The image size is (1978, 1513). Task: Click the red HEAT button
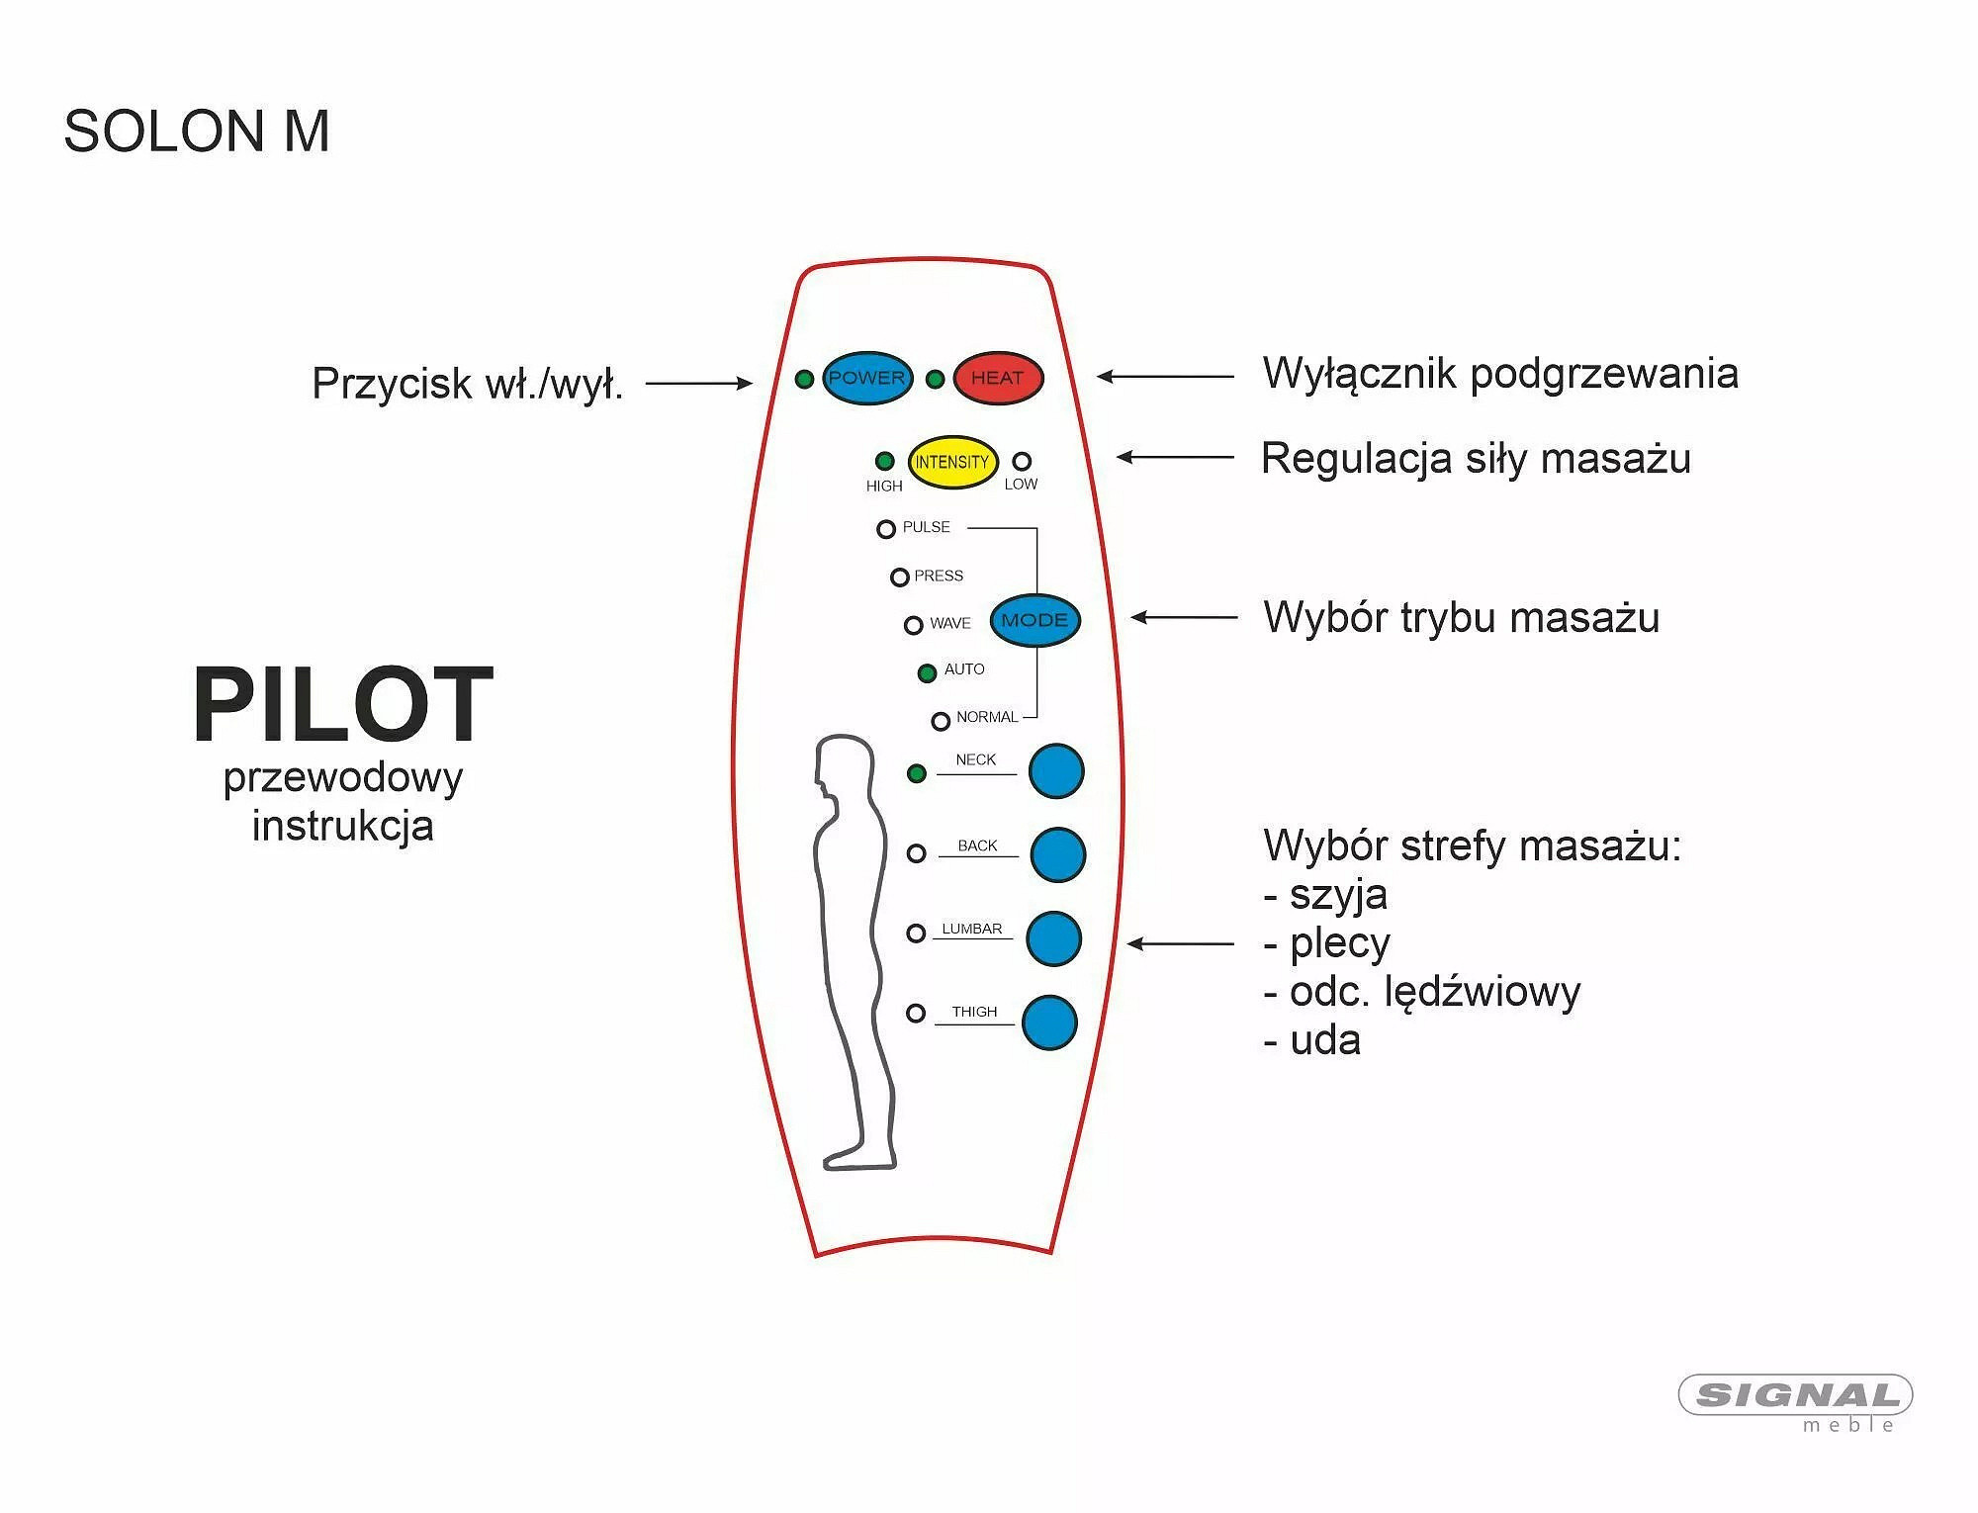[998, 378]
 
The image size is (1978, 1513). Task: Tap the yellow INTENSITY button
[952, 462]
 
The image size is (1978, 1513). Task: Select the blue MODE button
[1034, 620]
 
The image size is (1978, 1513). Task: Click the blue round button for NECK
[1056, 771]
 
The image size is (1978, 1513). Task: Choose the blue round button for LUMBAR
[1054, 938]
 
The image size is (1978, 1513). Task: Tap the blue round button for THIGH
[1049, 1023]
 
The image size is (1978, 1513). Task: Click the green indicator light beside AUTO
[927, 673]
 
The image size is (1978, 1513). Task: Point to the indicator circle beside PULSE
[885, 529]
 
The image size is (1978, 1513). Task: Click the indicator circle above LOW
[1022, 461]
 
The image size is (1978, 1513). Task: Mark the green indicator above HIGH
[884, 461]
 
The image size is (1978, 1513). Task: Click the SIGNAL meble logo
[1796, 1399]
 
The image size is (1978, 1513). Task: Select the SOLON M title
[196, 132]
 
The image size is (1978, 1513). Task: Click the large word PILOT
[342, 704]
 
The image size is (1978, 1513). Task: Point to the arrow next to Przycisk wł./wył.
[698, 384]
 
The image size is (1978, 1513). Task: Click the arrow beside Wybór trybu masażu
[1184, 617]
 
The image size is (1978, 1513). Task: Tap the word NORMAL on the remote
[986, 717]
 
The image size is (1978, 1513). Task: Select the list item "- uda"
[1312, 1041]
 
